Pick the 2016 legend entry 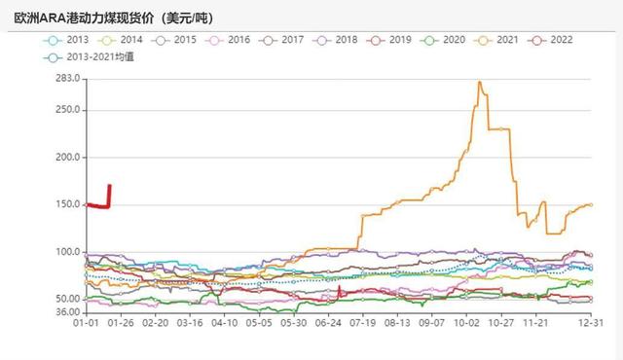coord(229,40)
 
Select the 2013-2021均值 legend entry coord(92,57)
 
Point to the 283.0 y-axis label coord(66,78)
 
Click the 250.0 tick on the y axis coord(66,109)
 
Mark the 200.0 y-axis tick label coord(66,157)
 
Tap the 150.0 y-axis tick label coord(66,204)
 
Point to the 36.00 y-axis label coord(66,312)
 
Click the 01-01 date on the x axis coord(88,322)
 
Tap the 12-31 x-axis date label coord(591,322)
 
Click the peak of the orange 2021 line coord(480,83)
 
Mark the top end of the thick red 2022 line coord(109,185)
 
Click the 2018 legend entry coord(337,40)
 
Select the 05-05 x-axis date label coord(259,322)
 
